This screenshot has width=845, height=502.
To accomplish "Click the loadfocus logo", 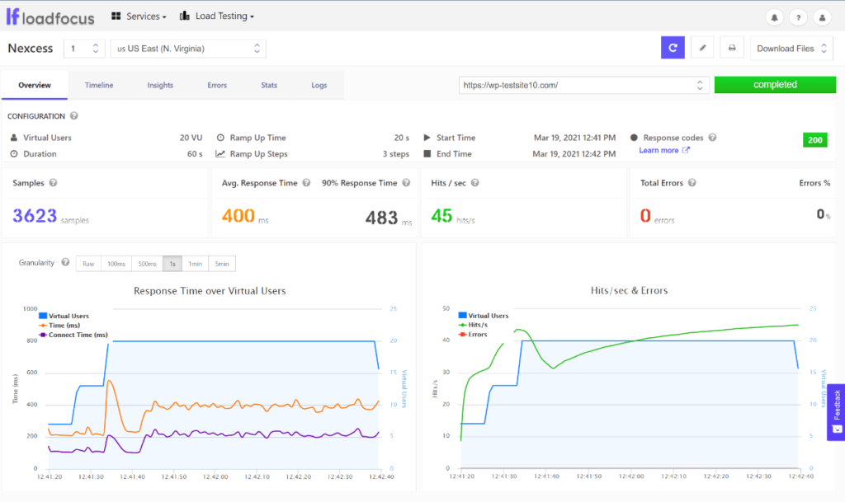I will pyautogui.click(x=50, y=16).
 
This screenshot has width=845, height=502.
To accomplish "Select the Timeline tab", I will pyautogui.click(x=99, y=85).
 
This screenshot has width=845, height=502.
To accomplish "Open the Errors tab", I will pyautogui.click(x=217, y=85).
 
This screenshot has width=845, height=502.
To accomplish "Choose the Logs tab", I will pyautogui.click(x=319, y=85).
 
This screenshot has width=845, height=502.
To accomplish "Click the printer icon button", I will pyautogui.click(x=731, y=49).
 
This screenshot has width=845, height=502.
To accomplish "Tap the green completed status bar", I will pyautogui.click(x=775, y=85).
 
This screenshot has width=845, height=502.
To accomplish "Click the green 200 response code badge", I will pyautogui.click(x=814, y=140).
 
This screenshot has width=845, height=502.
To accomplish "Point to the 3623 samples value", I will pyautogui.click(x=35, y=216).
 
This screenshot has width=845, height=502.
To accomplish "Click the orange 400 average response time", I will pyautogui.click(x=238, y=216).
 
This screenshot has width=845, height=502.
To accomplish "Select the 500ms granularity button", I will pyautogui.click(x=147, y=264).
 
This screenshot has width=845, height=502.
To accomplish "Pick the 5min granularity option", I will pyautogui.click(x=222, y=264).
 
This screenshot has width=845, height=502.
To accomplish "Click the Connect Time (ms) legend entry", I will pyautogui.click(x=78, y=335).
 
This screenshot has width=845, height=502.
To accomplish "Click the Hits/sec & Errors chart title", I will pyautogui.click(x=629, y=290).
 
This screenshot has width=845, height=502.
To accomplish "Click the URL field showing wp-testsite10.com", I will pyautogui.click(x=578, y=85).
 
